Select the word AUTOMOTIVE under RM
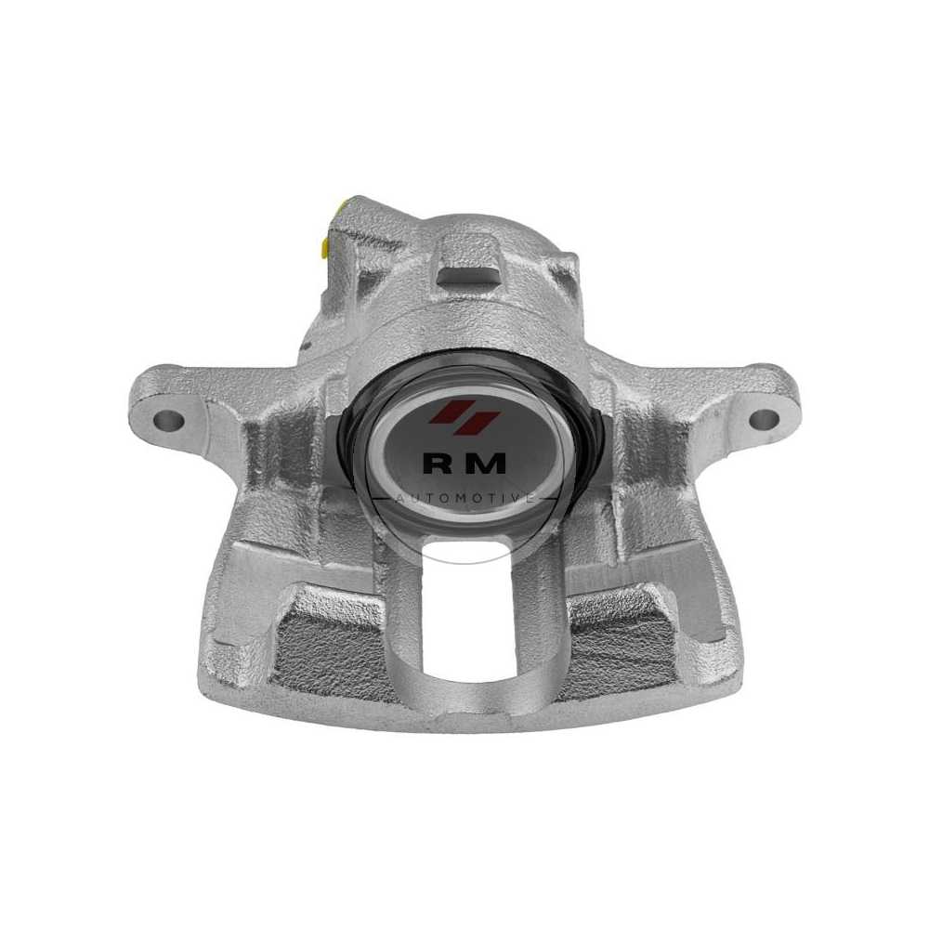465,498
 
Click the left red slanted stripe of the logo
445,412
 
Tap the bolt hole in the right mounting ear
765,419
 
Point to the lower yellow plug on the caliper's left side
324,248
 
